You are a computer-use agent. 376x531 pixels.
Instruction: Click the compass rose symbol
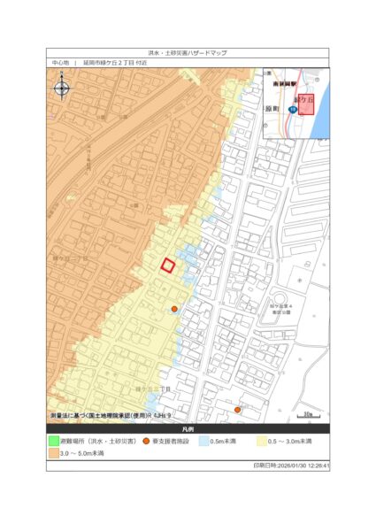[62, 87]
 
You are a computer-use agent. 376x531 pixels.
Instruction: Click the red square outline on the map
[167, 265]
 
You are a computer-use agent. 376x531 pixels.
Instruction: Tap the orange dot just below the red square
[174, 309]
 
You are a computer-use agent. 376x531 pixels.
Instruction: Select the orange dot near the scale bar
[237, 410]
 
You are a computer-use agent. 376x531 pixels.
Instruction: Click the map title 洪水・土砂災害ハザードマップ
[188, 53]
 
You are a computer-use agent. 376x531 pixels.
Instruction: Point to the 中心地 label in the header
[59, 64]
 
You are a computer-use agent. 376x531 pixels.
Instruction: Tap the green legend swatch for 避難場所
[53, 441]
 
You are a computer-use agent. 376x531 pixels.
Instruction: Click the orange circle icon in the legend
[147, 441]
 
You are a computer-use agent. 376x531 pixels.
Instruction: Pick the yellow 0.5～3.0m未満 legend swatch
[263, 441]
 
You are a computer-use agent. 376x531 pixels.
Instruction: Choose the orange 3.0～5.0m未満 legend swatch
[53, 452]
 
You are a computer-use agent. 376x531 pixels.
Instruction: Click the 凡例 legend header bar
[188, 429]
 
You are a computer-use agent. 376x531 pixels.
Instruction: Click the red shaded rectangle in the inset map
[305, 104]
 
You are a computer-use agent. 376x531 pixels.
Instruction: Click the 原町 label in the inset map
[275, 108]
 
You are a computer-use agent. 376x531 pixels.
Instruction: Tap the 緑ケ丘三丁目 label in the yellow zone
[152, 389]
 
